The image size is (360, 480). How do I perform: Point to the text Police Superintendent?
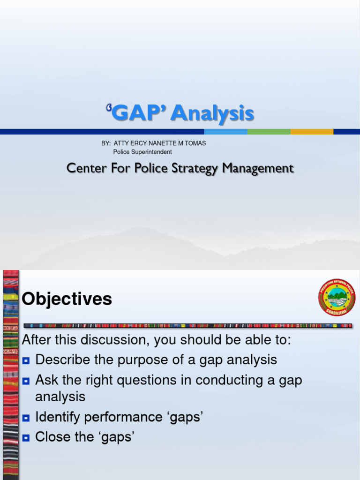pyautogui.click(x=142, y=152)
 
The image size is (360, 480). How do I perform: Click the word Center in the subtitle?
pyautogui.click(x=87, y=168)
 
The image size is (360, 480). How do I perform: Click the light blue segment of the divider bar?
pyautogui.click(x=225, y=132)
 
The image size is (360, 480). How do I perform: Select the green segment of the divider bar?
pyautogui.click(x=269, y=132)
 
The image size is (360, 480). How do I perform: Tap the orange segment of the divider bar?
pyautogui.click(x=311, y=132)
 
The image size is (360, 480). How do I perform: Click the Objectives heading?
pyautogui.click(x=67, y=299)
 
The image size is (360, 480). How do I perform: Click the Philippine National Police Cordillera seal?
pyautogui.click(x=337, y=297)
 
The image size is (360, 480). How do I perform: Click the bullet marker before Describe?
pyautogui.click(x=26, y=360)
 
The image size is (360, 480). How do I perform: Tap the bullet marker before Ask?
pyautogui.click(x=26, y=380)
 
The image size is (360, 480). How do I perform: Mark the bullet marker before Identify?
pyautogui.click(x=26, y=418)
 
